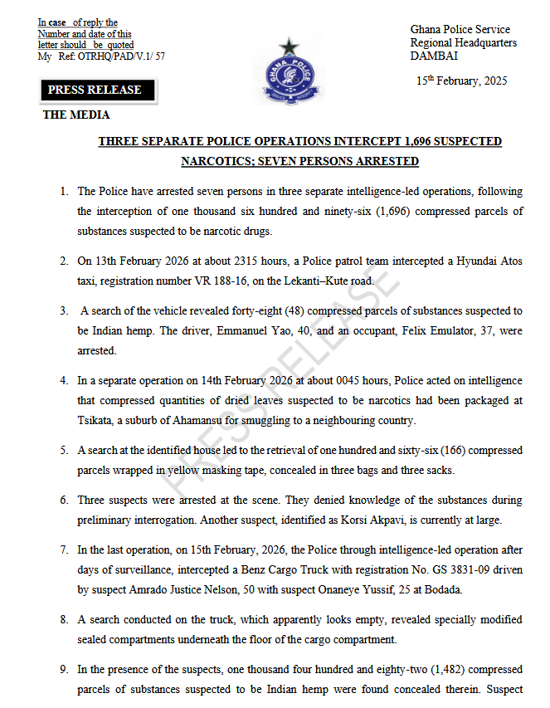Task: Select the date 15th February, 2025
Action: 461,81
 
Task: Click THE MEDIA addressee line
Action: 76,115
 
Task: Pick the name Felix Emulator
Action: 391,331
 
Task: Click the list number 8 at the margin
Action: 64,620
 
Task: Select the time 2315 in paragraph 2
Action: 249,261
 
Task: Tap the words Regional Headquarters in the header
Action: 463,43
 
